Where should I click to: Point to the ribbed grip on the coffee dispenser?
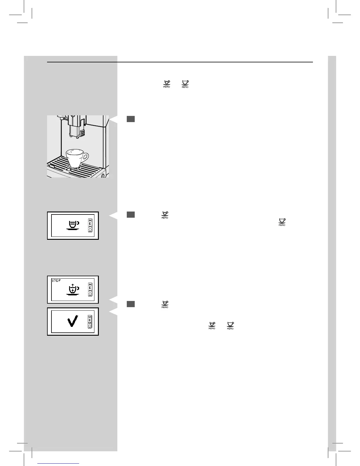pos(83,133)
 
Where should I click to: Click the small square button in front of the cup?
pos(69,169)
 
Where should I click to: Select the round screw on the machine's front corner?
pos(103,176)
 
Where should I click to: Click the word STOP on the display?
pos(56,281)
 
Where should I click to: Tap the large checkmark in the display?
pos(73,321)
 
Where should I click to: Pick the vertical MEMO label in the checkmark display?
pos(90,321)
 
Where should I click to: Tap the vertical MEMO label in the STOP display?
pos(90,289)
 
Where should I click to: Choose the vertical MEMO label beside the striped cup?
pos(90,226)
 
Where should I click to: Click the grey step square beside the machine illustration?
pos(131,119)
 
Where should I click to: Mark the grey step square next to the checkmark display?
pos(131,304)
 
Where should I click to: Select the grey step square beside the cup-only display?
pos(131,214)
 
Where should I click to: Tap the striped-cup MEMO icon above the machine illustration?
pos(166,84)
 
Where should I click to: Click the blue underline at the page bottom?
pos(58,463)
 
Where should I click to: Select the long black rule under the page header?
pos(180,62)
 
